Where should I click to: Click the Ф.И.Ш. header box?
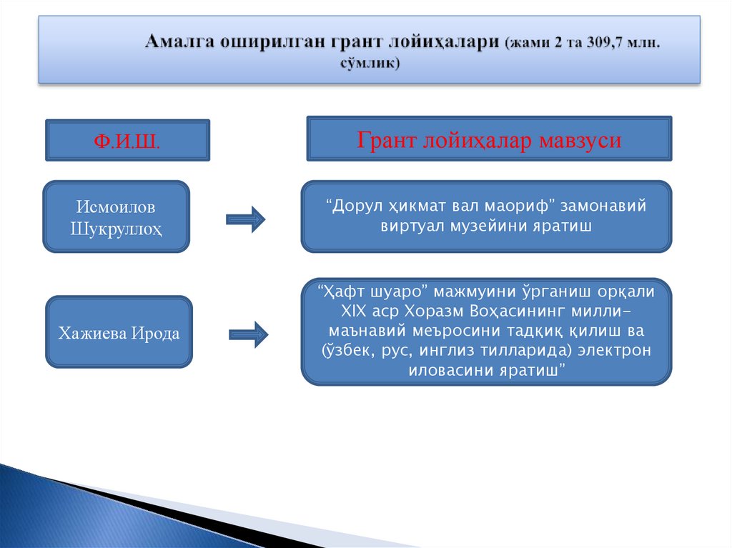click(x=128, y=140)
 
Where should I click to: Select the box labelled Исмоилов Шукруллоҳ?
click(x=117, y=216)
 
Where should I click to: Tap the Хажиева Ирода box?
click(x=119, y=333)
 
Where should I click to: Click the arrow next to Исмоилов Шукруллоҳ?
click(x=245, y=219)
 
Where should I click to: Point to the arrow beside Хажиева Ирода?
click(x=248, y=333)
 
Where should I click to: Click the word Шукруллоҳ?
click(x=117, y=229)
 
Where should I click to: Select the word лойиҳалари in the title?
click(x=442, y=42)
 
